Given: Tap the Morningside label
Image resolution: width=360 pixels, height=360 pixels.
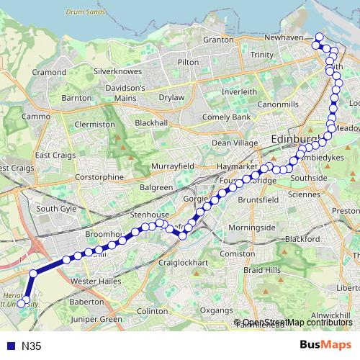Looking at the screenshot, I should (247, 228).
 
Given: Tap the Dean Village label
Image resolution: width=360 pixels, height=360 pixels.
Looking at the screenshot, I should (235, 143).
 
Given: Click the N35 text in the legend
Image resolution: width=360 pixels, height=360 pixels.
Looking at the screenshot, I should (31, 346).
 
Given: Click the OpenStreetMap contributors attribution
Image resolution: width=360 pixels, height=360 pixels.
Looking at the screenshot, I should (297, 322).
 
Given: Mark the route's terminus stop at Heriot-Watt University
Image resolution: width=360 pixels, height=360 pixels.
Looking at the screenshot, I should (22, 303).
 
